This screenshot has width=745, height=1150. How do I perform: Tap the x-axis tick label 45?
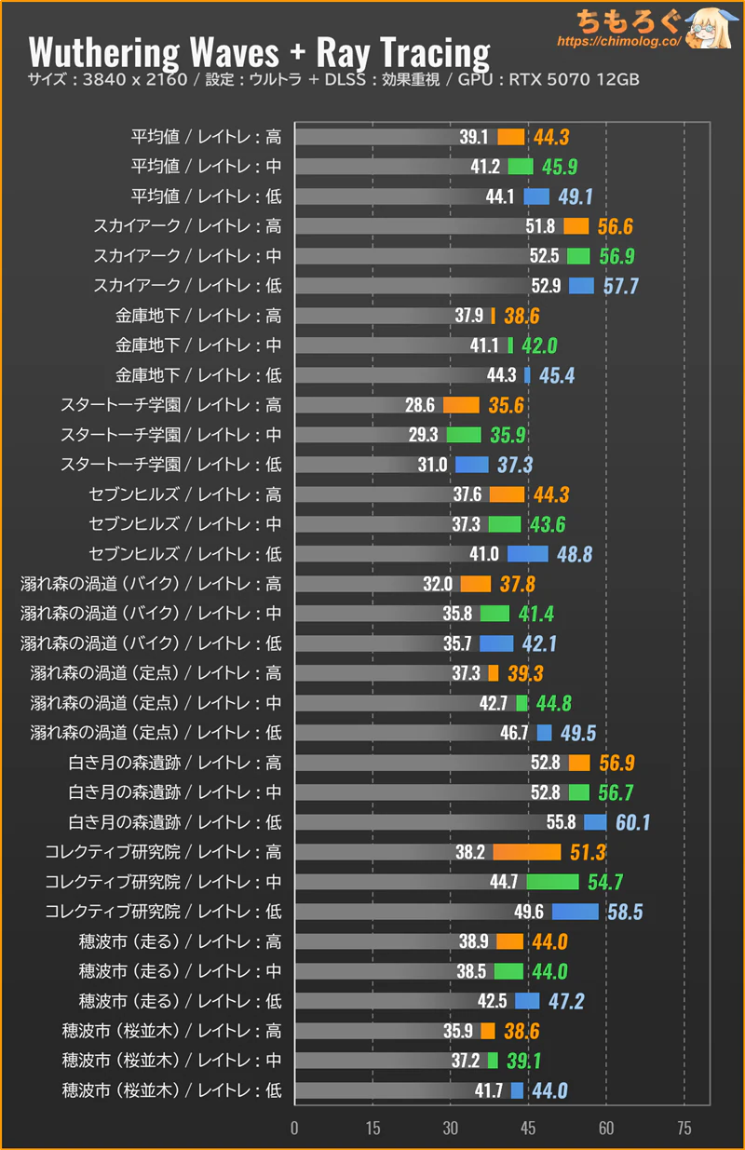[529, 1129]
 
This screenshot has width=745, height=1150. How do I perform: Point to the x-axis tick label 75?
[684, 1129]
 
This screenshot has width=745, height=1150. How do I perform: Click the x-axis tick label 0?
[294, 1129]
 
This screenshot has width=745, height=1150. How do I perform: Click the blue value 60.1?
[632, 822]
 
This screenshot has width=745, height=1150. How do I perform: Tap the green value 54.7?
[604, 882]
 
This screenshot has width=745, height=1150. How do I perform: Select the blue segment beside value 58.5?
[576, 912]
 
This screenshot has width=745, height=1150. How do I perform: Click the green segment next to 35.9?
[464, 435]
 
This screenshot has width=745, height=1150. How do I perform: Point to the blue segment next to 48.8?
[527, 554]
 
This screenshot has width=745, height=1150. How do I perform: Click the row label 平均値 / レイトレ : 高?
[206, 137]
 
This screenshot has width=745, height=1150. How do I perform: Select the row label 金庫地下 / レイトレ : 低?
[197, 375]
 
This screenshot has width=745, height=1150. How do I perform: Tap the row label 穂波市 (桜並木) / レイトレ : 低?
[171, 1090]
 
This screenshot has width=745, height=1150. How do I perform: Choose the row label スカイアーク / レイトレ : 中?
[186, 256]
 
